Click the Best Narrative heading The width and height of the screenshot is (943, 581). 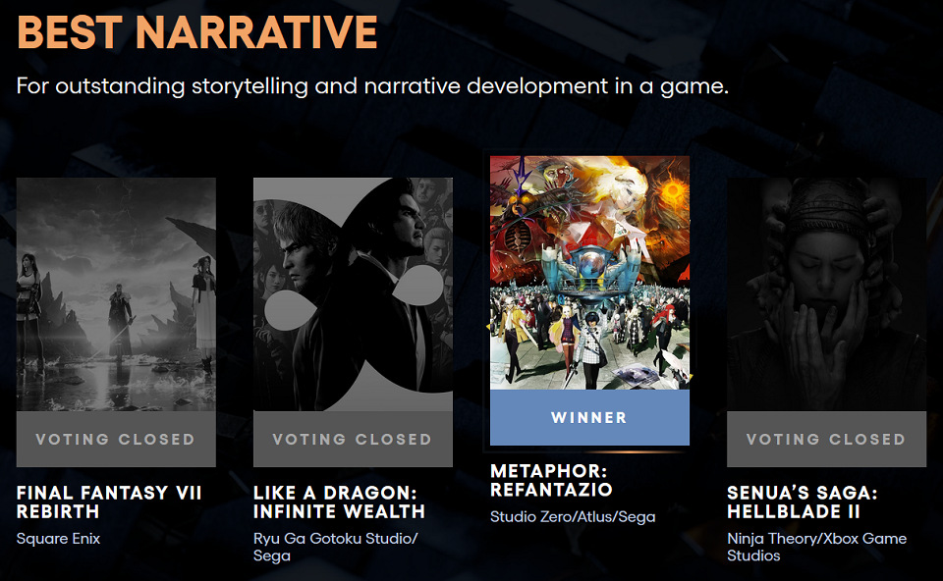197,31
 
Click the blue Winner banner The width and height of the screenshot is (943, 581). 589,417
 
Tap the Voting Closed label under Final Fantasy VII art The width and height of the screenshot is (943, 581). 116,440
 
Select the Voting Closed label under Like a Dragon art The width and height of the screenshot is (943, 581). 353,440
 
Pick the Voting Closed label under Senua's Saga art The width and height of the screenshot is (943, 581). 826,440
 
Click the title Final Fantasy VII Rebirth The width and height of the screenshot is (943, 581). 109,502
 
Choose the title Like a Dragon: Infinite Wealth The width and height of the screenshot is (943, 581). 339,502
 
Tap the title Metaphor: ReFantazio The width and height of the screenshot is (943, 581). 551,480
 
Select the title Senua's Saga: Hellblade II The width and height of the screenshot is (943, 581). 803,502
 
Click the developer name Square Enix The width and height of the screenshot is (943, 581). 58,539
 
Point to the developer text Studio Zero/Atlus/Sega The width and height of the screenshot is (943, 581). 573,516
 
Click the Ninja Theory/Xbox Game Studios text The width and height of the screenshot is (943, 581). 816,547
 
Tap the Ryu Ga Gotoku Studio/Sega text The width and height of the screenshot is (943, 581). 336,547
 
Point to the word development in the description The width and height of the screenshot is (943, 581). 537,86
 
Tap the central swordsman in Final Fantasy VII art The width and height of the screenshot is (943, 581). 120,322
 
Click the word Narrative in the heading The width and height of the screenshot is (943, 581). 256,31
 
